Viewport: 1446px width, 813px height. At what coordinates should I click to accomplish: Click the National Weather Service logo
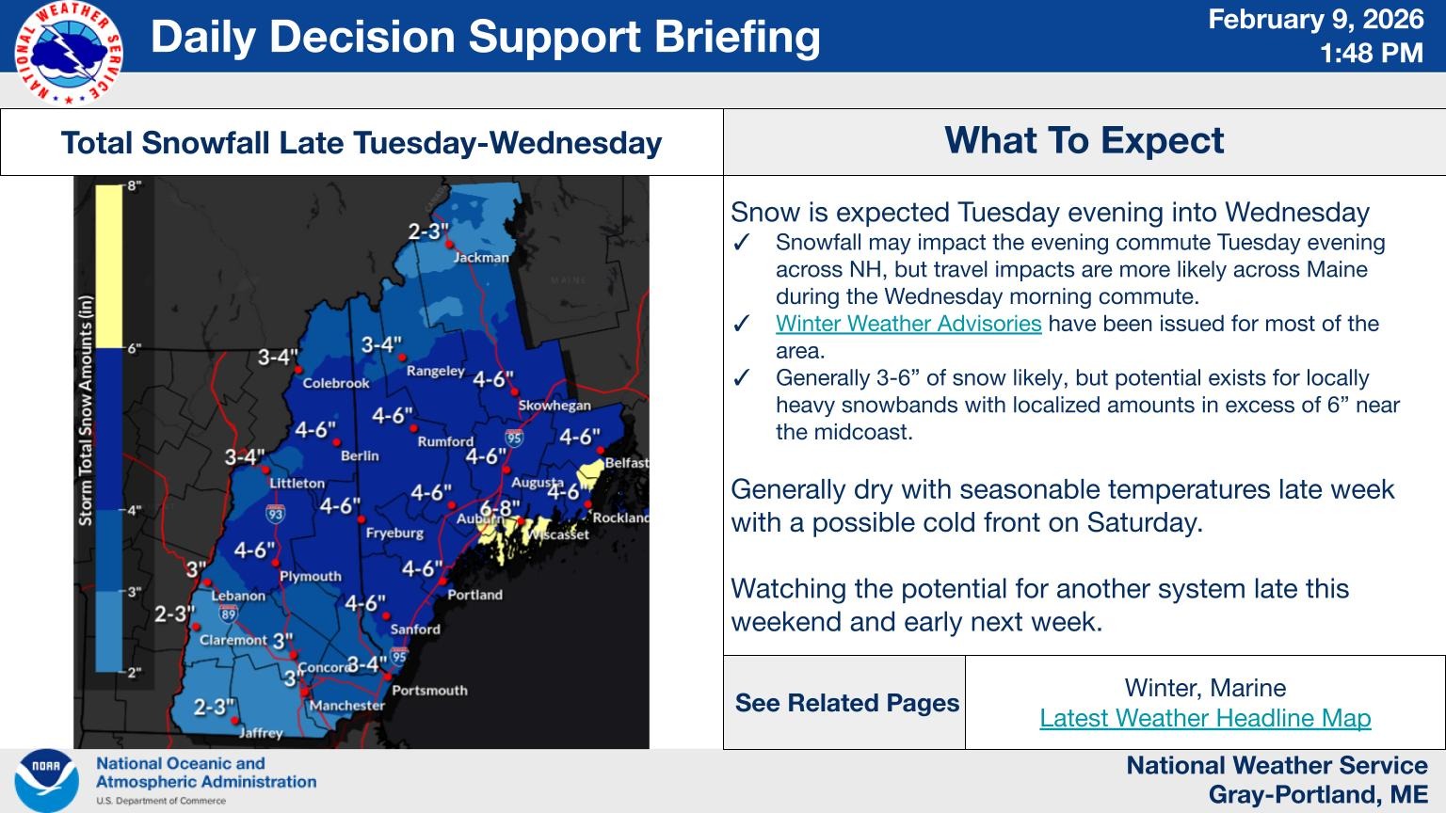(69, 53)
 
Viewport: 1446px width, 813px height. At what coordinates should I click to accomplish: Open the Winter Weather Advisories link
(908, 324)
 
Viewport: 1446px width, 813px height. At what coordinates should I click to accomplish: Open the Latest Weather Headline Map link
(1205, 718)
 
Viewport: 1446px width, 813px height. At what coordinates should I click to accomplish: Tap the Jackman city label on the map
(481, 258)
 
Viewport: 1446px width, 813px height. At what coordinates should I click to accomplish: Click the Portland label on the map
(474, 595)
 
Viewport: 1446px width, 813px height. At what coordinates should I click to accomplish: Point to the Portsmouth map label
(429, 691)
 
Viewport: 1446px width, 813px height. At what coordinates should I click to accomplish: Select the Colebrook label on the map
(336, 383)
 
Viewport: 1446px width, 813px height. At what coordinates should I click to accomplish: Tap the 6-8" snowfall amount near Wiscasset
(500, 508)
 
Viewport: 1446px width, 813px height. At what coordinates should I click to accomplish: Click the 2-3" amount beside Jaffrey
(215, 708)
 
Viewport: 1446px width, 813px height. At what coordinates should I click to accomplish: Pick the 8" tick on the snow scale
(134, 185)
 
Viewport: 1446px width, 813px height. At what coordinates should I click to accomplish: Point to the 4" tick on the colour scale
(134, 510)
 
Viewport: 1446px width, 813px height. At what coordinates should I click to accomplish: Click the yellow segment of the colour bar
(109, 266)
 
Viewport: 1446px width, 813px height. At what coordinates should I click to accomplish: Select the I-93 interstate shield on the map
(275, 514)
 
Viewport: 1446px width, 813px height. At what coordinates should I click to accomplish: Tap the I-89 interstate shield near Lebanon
(228, 614)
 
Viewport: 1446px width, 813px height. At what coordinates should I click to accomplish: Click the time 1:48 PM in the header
(1371, 53)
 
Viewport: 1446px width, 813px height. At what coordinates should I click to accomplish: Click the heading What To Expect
(1084, 140)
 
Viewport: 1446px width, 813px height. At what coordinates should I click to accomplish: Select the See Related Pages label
(847, 703)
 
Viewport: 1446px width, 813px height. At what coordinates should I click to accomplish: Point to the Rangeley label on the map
(436, 371)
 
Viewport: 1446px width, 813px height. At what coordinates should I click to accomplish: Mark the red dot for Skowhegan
(515, 391)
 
